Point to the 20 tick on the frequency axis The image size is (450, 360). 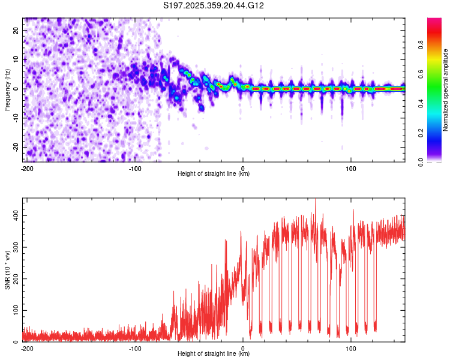[17, 30]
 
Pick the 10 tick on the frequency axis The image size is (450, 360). [17, 59]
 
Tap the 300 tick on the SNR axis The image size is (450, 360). [14, 247]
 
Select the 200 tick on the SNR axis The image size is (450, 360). [14, 278]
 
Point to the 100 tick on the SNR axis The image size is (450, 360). [14, 310]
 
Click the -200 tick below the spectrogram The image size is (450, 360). [26, 167]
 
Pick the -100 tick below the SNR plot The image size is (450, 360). [134, 348]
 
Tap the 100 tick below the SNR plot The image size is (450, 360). [351, 348]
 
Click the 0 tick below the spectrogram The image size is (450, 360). [243, 167]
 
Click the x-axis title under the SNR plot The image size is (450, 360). [214, 354]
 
